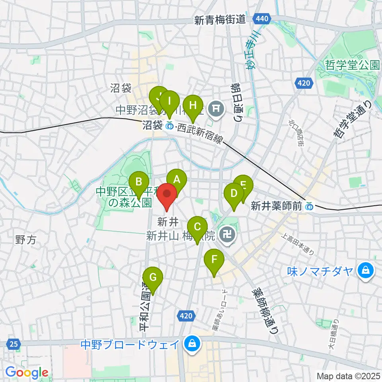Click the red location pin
[x=167, y=195]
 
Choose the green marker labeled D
[x=234, y=194]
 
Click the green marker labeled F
[x=214, y=260]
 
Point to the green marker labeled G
[x=153, y=277]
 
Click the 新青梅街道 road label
[x=220, y=20]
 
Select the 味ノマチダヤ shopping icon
[x=365, y=271]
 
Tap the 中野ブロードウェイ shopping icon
[x=192, y=343]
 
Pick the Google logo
[x=27, y=372]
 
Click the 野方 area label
[x=25, y=240]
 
